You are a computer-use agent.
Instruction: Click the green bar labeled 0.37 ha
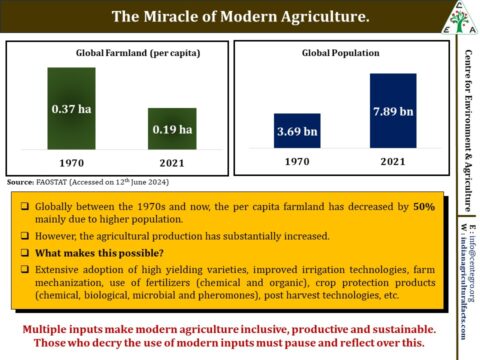[x=71, y=108]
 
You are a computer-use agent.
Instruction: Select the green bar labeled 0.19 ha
[x=172, y=128]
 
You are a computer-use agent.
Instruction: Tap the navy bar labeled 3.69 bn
[x=297, y=130]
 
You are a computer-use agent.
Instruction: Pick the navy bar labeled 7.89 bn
[x=392, y=110]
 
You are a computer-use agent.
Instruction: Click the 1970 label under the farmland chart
[x=71, y=161]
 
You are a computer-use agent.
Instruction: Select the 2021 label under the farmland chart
[x=172, y=161]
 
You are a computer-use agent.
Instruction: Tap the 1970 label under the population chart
[x=297, y=160]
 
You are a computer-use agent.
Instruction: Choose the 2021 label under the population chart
[x=392, y=160]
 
